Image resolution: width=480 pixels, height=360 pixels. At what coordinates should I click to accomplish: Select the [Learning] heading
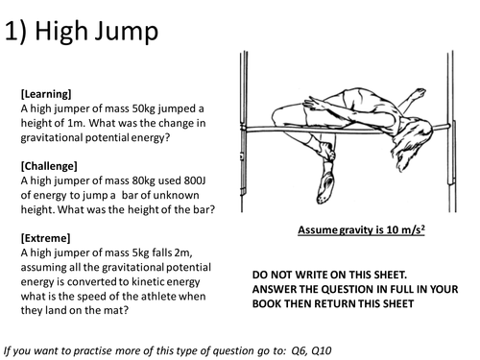(45, 94)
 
